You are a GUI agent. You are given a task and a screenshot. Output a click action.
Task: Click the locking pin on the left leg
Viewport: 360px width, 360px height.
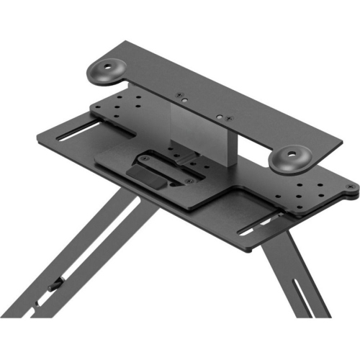53,287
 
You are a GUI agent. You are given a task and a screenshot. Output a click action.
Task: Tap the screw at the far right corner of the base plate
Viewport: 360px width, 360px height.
350,188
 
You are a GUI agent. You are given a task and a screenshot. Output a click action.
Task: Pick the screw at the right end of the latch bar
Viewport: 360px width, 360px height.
189,180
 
